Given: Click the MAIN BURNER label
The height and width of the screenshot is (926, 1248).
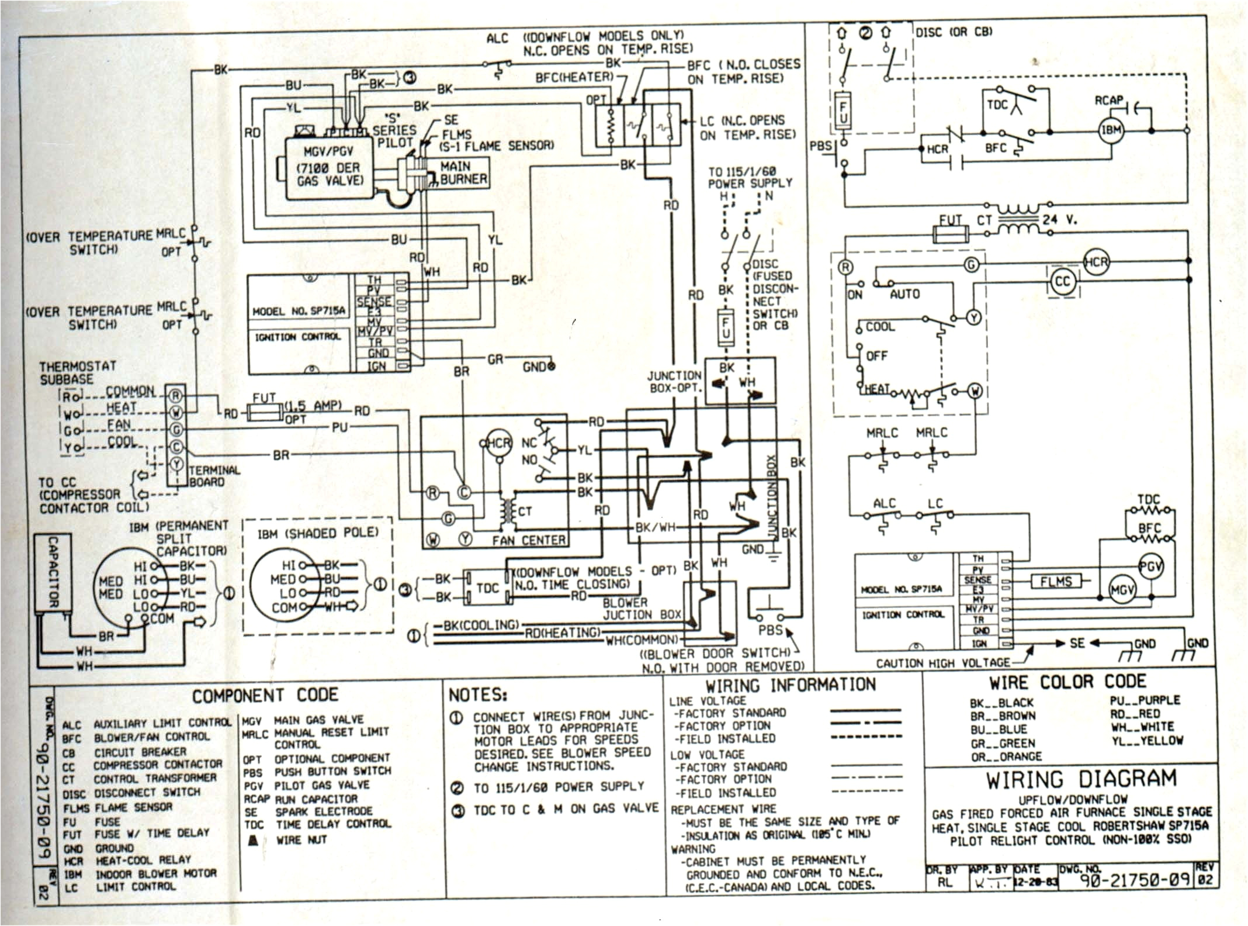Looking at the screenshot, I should tap(463, 173).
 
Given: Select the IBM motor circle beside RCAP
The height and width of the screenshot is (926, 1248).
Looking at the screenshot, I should tap(1111, 130).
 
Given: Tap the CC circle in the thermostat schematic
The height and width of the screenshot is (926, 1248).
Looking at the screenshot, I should tap(1062, 282).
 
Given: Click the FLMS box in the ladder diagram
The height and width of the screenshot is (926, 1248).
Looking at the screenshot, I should tap(1056, 581).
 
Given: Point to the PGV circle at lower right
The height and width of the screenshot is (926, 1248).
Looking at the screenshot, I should tap(1150, 566).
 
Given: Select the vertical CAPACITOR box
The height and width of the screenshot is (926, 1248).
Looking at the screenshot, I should tap(53, 572).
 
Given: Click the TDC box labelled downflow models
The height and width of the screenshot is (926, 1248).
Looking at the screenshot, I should tap(487, 588).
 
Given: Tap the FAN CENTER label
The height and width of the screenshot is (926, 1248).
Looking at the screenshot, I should tap(528, 540).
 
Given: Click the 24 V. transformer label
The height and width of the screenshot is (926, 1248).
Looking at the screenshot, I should tap(1059, 220).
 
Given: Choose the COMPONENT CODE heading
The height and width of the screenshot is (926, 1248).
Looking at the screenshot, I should tap(265, 695).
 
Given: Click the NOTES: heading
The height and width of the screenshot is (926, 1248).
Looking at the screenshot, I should tap(477, 695).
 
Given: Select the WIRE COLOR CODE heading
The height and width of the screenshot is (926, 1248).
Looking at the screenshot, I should tap(1067, 682).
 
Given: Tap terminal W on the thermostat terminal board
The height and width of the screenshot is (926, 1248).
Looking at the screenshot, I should tap(176, 413).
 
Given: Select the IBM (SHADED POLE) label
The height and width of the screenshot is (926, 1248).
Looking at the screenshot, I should tap(318, 533).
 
